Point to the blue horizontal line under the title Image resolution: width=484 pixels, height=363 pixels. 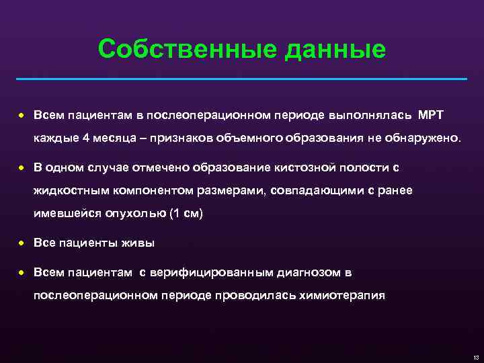(241, 79)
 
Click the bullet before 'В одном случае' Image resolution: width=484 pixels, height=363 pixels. (22, 166)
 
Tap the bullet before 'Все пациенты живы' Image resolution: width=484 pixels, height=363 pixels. (22, 243)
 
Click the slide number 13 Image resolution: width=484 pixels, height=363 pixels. (475, 356)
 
